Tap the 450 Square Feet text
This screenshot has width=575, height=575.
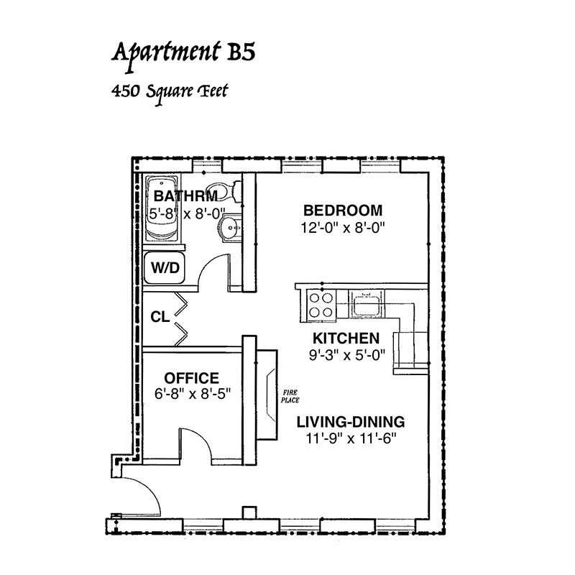(170, 92)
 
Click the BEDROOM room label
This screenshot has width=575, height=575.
(343, 211)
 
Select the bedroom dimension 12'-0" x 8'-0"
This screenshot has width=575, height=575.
(343, 228)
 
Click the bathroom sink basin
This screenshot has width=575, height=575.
(229, 228)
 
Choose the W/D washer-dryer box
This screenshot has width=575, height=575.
(165, 267)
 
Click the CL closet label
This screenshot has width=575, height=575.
(160, 317)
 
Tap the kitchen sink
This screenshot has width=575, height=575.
(367, 304)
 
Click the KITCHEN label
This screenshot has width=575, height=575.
(346, 338)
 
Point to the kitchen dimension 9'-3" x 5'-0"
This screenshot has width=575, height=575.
(347, 354)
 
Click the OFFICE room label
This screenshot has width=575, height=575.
(191, 378)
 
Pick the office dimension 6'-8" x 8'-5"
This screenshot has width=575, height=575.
(192, 394)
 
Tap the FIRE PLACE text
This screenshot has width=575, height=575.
(290, 397)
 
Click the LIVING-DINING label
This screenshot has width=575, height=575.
(351, 422)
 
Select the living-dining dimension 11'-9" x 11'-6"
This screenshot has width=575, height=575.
(351, 438)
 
